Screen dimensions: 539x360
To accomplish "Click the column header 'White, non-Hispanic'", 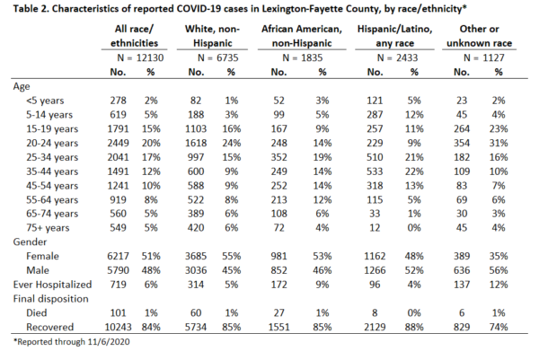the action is (x=212, y=36).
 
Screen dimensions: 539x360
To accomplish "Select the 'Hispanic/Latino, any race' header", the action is (x=394, y=36).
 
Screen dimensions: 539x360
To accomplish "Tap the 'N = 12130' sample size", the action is (x=140, y=57).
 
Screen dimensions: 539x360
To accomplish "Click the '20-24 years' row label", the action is (x=52, y=144).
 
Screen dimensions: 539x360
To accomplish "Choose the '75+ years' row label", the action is (x=48, y=228).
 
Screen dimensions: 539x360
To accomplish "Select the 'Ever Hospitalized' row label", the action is (x=52, y=285).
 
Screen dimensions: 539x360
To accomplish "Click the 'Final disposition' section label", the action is (x=50, y=299).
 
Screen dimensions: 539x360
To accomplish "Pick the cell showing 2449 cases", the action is (x=118, y=144).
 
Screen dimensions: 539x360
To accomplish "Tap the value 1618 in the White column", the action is (x=196, y=144).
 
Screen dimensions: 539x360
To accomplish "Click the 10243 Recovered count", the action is (x=118, y=327).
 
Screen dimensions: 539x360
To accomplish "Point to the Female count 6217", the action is (x=118, y=256).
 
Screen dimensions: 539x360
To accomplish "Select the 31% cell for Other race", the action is (x=499, y=144).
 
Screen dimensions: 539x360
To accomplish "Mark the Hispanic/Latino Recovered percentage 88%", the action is (x=414, y=327).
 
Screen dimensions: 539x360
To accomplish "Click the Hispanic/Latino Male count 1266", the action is (x=375, y=270).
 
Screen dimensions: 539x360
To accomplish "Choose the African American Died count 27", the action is (x=278, y=313).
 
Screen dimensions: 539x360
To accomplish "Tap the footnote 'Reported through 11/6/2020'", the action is (x=72, y=342).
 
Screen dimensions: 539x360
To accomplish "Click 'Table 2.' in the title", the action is (x=31, y=9).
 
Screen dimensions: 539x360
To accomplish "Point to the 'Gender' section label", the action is (x=30, y=242).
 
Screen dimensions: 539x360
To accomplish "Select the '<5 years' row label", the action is (x=45, y=101).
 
